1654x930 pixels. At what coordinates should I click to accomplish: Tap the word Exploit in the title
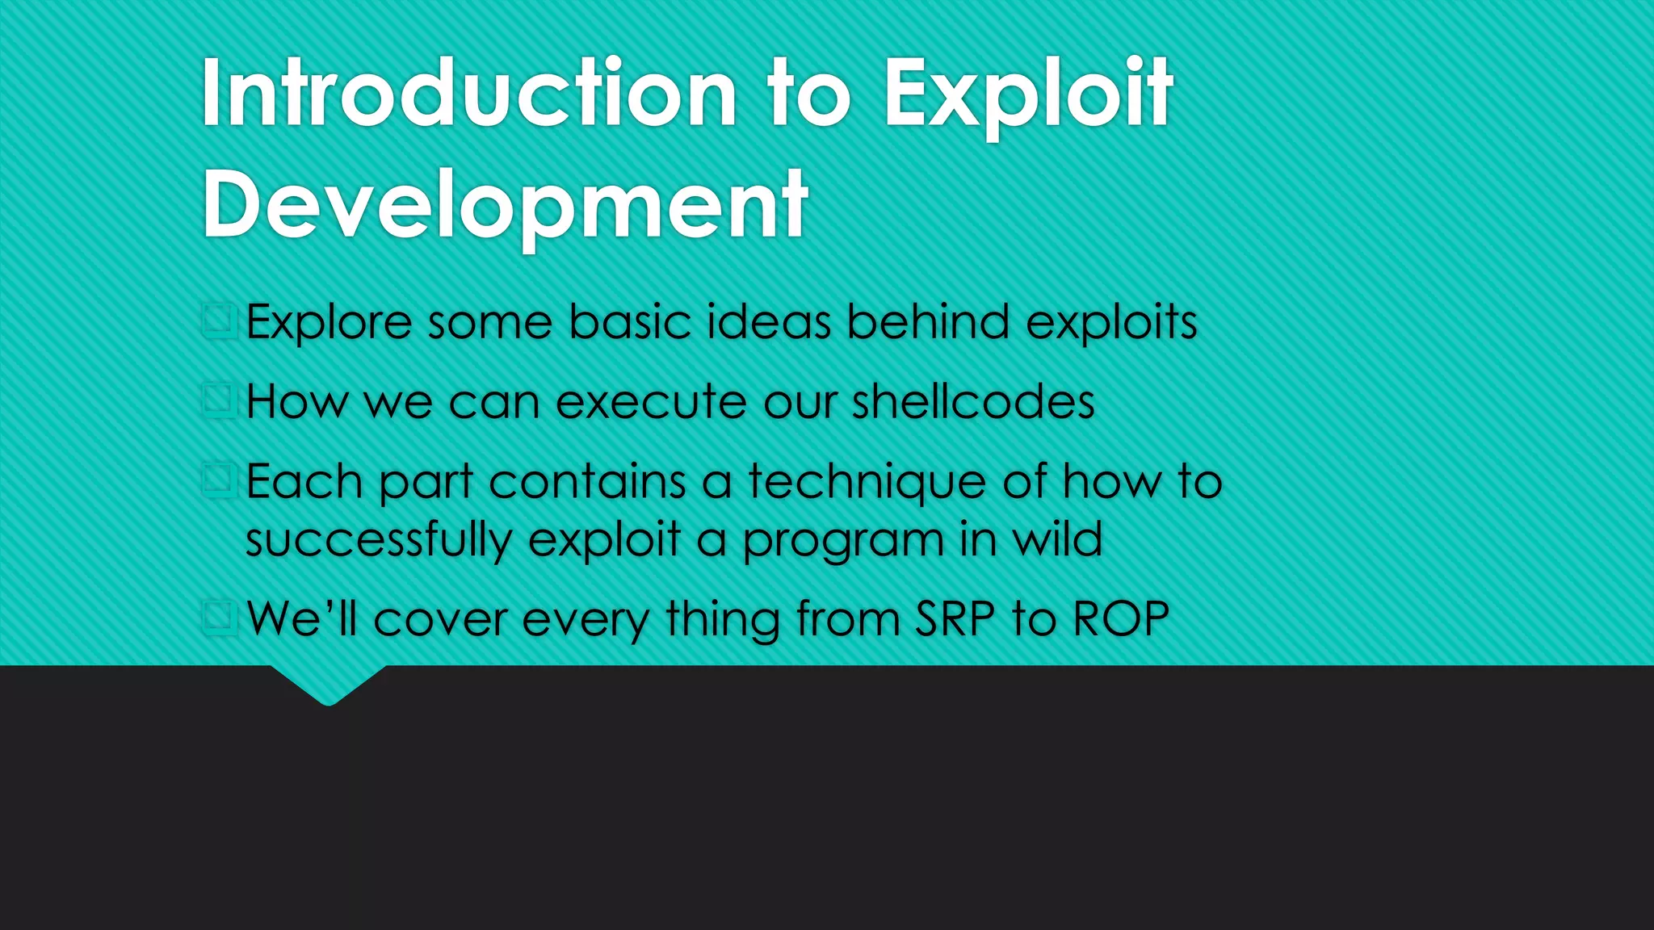pos(1027,95)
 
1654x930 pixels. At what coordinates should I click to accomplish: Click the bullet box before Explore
pos(218,320)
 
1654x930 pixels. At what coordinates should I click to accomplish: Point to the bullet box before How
pos(218,400)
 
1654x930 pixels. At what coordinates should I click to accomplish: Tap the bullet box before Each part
pos(218,480)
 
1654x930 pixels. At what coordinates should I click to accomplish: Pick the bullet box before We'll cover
pos(218,618)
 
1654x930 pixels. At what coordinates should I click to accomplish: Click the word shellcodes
pos(973,401)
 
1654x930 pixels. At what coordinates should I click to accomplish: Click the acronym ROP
pos(1121,619)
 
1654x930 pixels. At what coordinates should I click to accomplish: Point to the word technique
pos(867,483)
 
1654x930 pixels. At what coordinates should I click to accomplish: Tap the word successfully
pos(379,540)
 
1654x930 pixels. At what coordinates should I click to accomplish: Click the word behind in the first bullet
pos(928,321)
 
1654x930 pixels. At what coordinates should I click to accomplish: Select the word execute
pos(652,401)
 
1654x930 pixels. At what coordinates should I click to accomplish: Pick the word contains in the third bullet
pos(587,481)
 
